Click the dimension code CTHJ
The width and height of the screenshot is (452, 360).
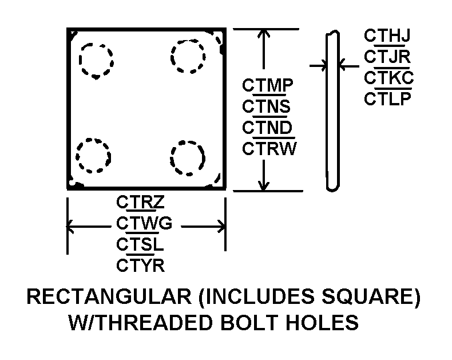point(387,35)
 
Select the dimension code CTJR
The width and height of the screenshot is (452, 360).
point(387,57)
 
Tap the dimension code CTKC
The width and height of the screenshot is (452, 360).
point(389,78)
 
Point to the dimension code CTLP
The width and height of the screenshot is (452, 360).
point(387,98)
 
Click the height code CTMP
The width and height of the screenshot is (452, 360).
point(268,85)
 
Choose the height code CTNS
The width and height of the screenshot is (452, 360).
point(266,106)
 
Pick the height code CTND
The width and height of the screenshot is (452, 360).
point(267,127)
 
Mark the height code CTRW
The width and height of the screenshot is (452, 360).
point(269,149)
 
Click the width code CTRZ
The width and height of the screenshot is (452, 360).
point(140,202)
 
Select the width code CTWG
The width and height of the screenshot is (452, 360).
point(144,223)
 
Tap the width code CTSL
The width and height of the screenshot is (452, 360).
point(140,244)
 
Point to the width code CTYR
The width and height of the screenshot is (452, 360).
point(140,266)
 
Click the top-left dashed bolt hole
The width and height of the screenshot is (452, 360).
point(80,61)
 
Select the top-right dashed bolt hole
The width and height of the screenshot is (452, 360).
point(171,56)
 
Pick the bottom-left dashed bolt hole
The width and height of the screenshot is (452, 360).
point(77,156)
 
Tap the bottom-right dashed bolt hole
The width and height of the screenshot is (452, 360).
point(171,158)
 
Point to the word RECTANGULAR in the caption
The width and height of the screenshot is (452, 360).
point(109,296)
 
